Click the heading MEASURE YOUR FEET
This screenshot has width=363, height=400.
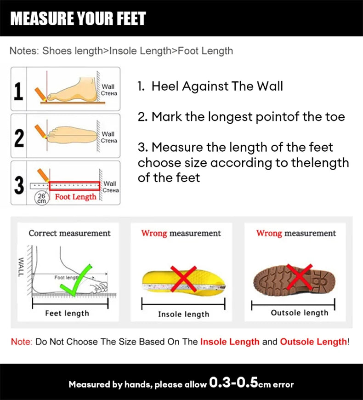[78, 18]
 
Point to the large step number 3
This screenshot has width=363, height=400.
[18, 184]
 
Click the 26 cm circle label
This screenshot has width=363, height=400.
[42, 198]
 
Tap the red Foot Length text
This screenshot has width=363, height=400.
[76, 197]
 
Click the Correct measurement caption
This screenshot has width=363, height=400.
[69, 233]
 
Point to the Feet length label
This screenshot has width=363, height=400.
[67, 313]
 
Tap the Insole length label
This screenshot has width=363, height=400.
[183, 314]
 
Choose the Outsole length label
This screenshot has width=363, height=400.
[299, 313]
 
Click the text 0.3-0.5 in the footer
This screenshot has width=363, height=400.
[233, 383]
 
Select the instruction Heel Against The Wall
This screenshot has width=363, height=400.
[217, 86]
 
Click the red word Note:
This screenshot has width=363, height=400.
[21, 342]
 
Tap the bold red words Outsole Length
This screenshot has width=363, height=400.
[313, 342]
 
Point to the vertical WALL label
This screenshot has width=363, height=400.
[21, 267]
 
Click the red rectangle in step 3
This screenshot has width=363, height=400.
[74, 186]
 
